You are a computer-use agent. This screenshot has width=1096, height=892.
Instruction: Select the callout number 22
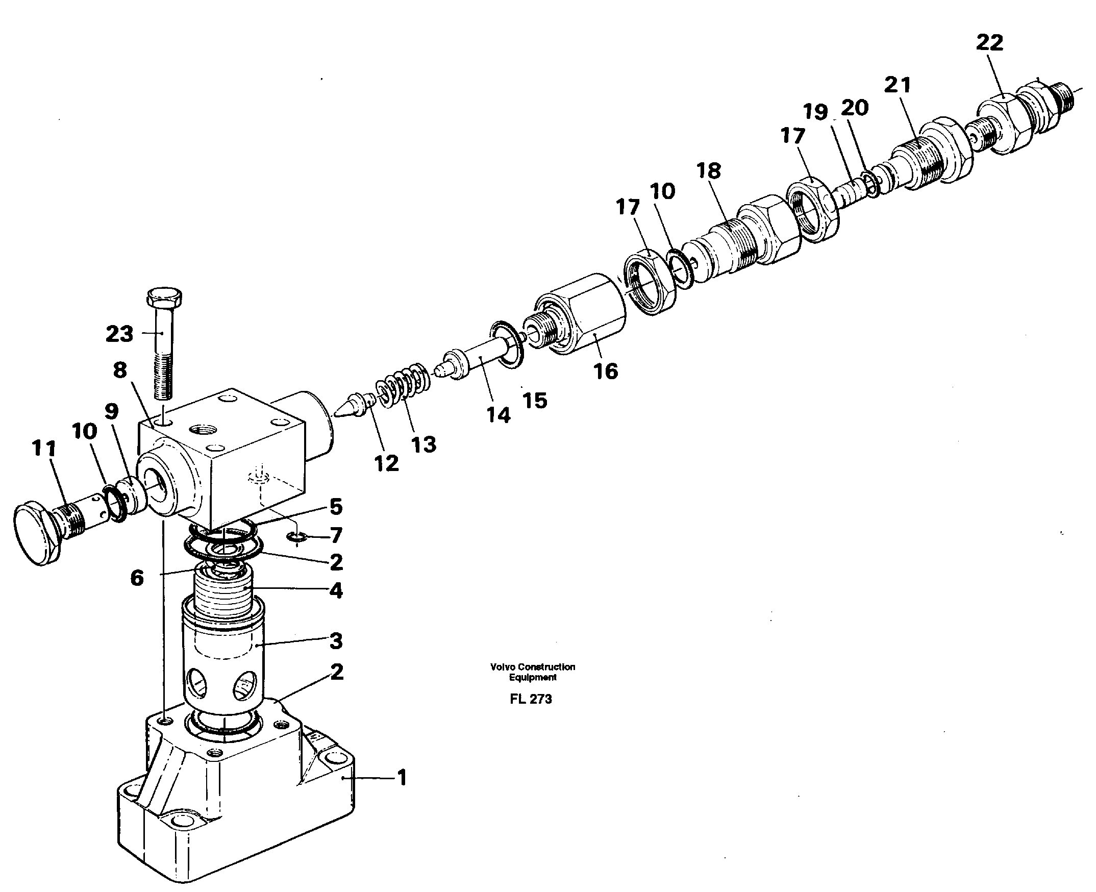989,43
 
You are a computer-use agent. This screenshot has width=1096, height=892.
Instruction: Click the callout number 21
897,85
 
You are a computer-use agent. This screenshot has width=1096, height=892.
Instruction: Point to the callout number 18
709,170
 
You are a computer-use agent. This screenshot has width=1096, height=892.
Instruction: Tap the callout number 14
498,415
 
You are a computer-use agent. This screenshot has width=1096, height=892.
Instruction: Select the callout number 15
535,400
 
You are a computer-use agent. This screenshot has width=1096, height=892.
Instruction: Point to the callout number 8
120,369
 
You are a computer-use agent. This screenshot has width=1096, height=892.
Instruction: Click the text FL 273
531,699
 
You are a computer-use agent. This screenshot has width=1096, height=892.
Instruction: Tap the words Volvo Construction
532,667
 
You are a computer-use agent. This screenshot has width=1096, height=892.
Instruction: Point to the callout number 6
137,578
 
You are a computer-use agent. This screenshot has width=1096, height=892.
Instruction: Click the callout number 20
855,108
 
